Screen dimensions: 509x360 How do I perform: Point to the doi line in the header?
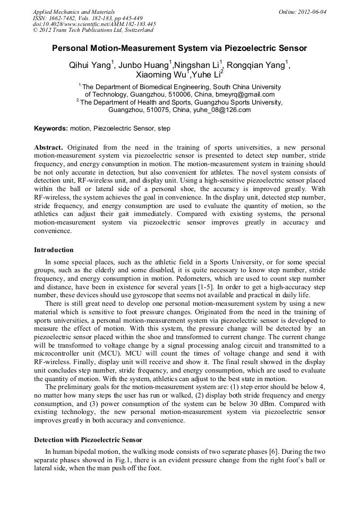[x=94, y=24]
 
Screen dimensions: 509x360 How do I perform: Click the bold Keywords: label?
[x=51, y=128]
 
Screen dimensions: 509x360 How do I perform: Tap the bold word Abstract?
[x=49, y=147]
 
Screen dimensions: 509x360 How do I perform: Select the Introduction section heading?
[x=54, y=250]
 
